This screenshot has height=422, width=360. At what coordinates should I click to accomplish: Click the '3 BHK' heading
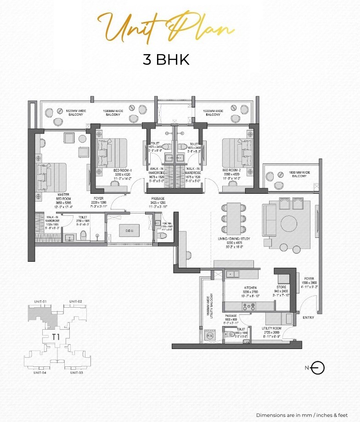(x=166, y=60)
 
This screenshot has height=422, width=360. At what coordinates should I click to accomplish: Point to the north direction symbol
(x=317, y=368)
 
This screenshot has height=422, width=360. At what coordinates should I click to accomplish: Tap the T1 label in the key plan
(x=56, y=336)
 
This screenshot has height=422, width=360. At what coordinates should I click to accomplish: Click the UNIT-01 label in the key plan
(x=40, y=301)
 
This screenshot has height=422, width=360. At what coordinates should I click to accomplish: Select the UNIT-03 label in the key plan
(x=76, y=372)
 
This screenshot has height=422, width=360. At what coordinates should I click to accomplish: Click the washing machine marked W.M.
(x=211, y=335)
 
